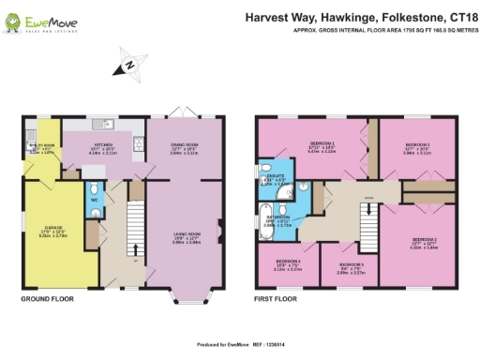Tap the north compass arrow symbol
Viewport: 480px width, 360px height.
click(128, 64)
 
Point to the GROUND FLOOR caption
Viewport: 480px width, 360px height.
click(48, 300)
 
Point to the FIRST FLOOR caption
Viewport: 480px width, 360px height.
click(277, 300)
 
